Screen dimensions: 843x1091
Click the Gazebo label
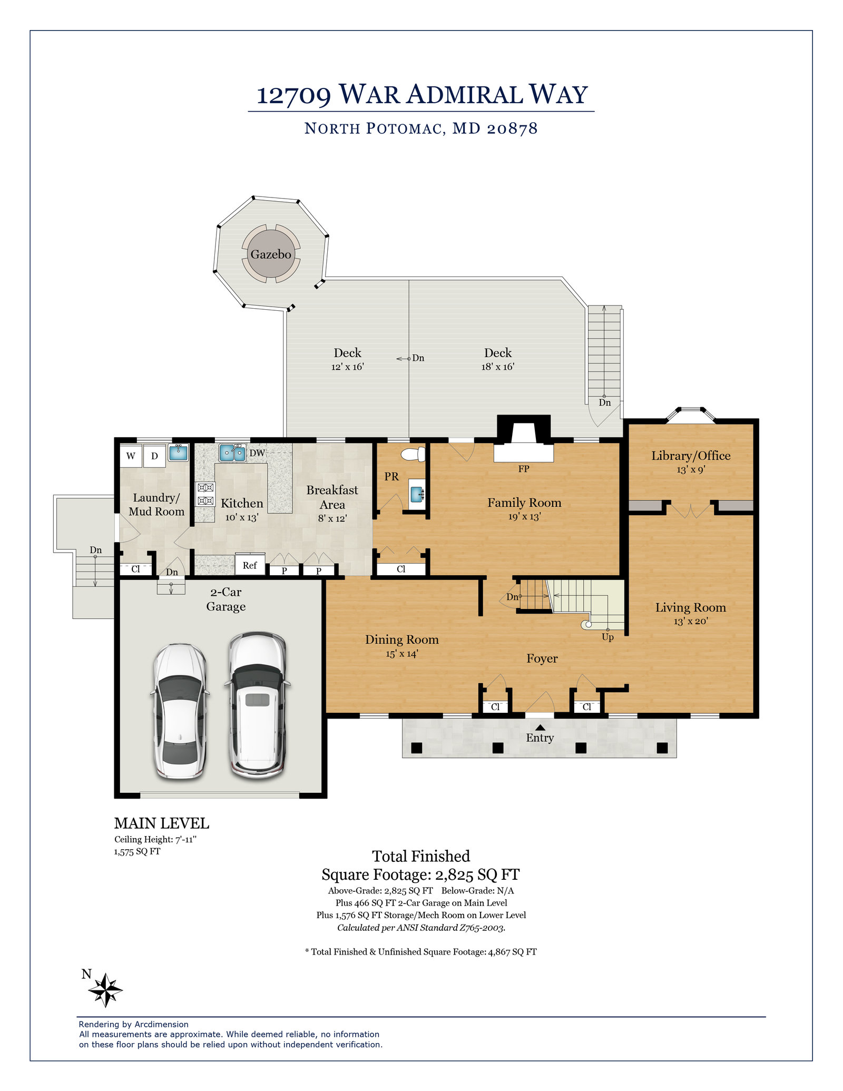(271, 254)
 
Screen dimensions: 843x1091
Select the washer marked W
(131, 456)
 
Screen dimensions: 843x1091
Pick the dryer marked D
(154, 456)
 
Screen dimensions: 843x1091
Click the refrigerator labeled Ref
(250, 565)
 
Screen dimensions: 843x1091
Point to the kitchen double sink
(232, 453)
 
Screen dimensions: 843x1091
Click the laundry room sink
(179, 453)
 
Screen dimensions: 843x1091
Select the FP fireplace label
(524, 469)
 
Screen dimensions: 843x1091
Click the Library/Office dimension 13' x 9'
(691, 469)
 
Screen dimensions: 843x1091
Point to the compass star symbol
(105, 990)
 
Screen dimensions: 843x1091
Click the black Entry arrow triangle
(540, 728)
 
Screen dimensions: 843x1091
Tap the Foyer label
(542, 658)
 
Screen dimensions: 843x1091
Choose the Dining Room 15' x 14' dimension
(402, 654)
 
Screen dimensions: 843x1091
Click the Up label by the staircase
(607, 637)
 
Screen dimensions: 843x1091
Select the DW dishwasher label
(257, 453)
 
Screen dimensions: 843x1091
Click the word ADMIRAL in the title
(464, 95)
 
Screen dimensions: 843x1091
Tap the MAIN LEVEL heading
(162, 823)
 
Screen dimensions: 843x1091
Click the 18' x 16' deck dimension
(498, 367)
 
